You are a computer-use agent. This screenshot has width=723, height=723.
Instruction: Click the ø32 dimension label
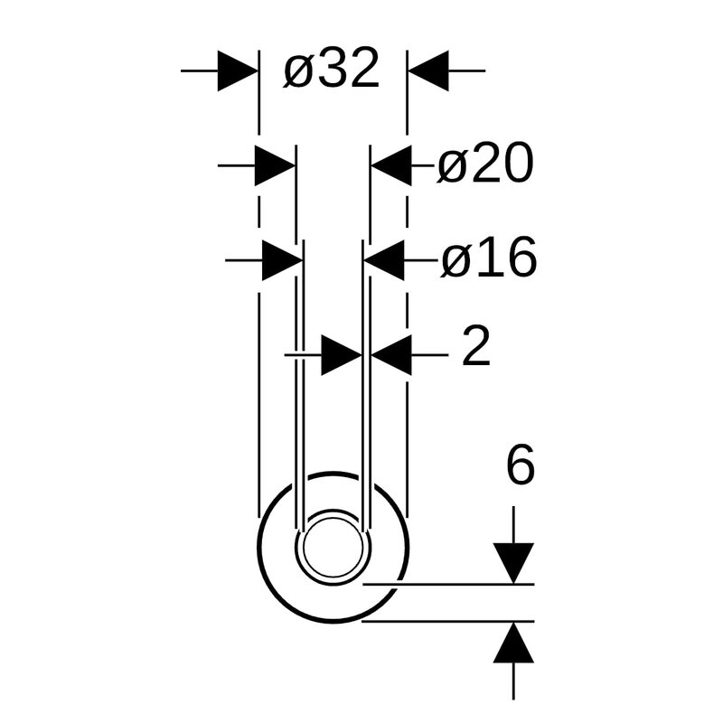(332, 69)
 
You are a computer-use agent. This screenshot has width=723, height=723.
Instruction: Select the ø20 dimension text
(485, 163)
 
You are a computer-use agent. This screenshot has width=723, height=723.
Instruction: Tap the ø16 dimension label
(489, 258)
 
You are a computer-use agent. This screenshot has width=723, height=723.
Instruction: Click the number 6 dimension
(521, 465)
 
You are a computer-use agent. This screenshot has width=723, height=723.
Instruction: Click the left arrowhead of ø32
(238, 71)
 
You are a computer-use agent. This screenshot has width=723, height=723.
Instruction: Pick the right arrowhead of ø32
(428, 71)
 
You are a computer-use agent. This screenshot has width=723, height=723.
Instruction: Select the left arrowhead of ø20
(276, 165)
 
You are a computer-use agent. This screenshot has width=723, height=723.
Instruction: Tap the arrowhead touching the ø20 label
(391, 165)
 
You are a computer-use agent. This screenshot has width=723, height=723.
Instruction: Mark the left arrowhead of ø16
(283, 260)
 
